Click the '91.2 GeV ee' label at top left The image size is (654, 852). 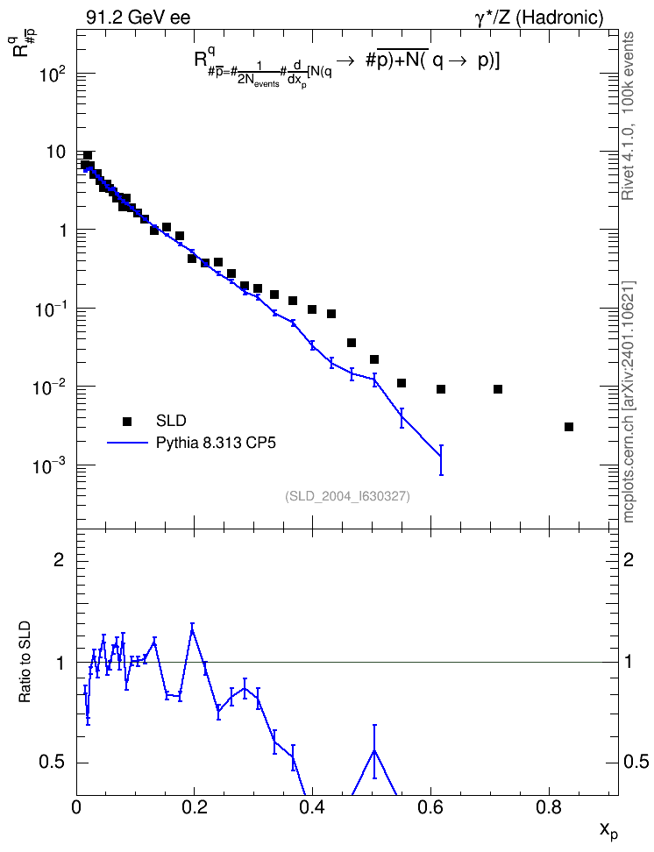point(139,18)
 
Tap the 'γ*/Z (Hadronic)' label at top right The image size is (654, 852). point(539,18)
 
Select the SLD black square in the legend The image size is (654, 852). point(127,421)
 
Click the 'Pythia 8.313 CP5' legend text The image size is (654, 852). point(216,443)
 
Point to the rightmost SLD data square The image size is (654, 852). point(569,427)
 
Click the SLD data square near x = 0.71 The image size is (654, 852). point(497,389)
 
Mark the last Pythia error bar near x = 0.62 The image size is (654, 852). point(441,459)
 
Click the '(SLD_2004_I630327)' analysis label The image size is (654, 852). point(347,496)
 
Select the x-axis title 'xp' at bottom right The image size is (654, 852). point(608,830)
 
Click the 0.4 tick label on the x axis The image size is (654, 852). point(312,807)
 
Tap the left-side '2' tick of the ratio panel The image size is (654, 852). point(59,559)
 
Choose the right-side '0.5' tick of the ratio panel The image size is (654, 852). point(636,762)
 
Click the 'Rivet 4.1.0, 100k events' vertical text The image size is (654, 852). point(628,116)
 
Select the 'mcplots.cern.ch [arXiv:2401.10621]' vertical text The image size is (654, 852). point(629,401)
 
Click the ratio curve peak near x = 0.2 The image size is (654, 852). point(192,629)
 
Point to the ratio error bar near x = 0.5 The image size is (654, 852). point(374,751)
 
